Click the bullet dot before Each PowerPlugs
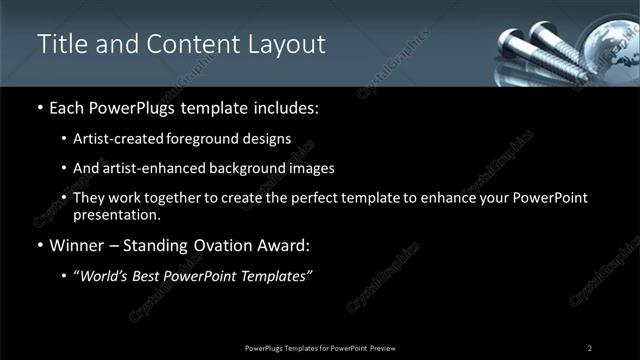(x=39, y=108)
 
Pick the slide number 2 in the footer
(x=590, y=347)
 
